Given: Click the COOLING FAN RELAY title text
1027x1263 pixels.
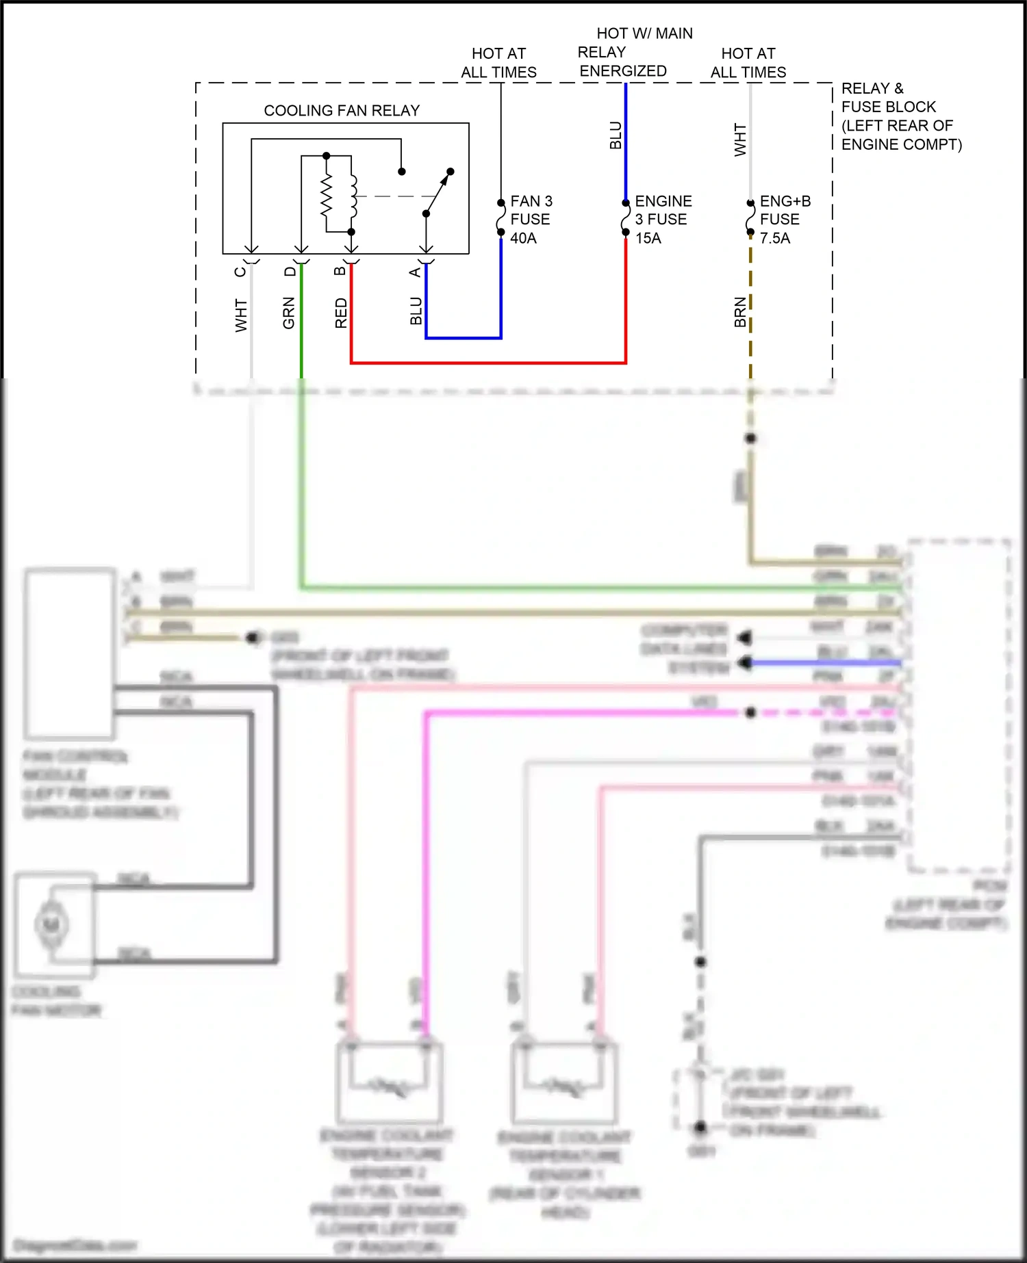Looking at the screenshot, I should (342, 110).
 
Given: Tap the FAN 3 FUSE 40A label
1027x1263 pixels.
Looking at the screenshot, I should (531, 220).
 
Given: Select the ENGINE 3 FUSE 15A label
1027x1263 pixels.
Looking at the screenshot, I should (663, 220).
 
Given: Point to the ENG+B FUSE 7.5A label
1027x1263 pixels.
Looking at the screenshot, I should (785, 220).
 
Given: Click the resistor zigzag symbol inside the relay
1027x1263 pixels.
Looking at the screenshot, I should (327, 194).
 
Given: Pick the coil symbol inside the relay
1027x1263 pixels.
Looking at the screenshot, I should (353, 194).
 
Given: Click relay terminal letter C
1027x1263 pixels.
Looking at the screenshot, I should (240, 272).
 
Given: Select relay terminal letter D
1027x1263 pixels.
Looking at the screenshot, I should (290, 272).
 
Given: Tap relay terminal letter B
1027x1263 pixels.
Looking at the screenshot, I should (340, 272).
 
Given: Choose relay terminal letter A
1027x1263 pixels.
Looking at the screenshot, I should (415, 272).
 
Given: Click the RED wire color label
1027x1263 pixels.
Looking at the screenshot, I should (341, 313).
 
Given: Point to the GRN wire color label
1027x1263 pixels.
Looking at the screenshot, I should (289, 313).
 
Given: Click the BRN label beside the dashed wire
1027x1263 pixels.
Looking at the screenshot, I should (740, 312).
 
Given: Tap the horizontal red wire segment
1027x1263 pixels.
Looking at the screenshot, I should (487, 363).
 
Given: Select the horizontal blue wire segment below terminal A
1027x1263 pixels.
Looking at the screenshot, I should (464, 338).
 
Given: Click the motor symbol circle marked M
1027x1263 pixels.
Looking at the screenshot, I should (51, 925).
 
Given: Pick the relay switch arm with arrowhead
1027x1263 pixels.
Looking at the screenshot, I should (438, 193).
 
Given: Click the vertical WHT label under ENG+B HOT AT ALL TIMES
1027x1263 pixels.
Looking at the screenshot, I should (740, 140).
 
